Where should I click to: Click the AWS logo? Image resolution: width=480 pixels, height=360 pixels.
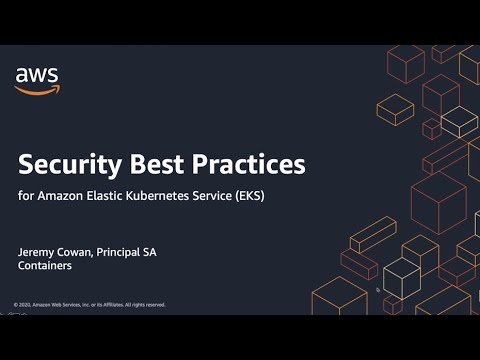37,80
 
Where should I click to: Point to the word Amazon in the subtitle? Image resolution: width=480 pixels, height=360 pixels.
58,195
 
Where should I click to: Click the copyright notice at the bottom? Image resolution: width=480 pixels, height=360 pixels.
90,304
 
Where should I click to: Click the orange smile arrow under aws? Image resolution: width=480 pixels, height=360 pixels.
37,91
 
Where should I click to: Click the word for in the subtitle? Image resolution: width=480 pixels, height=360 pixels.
25,195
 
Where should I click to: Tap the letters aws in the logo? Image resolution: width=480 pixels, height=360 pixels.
37,74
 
